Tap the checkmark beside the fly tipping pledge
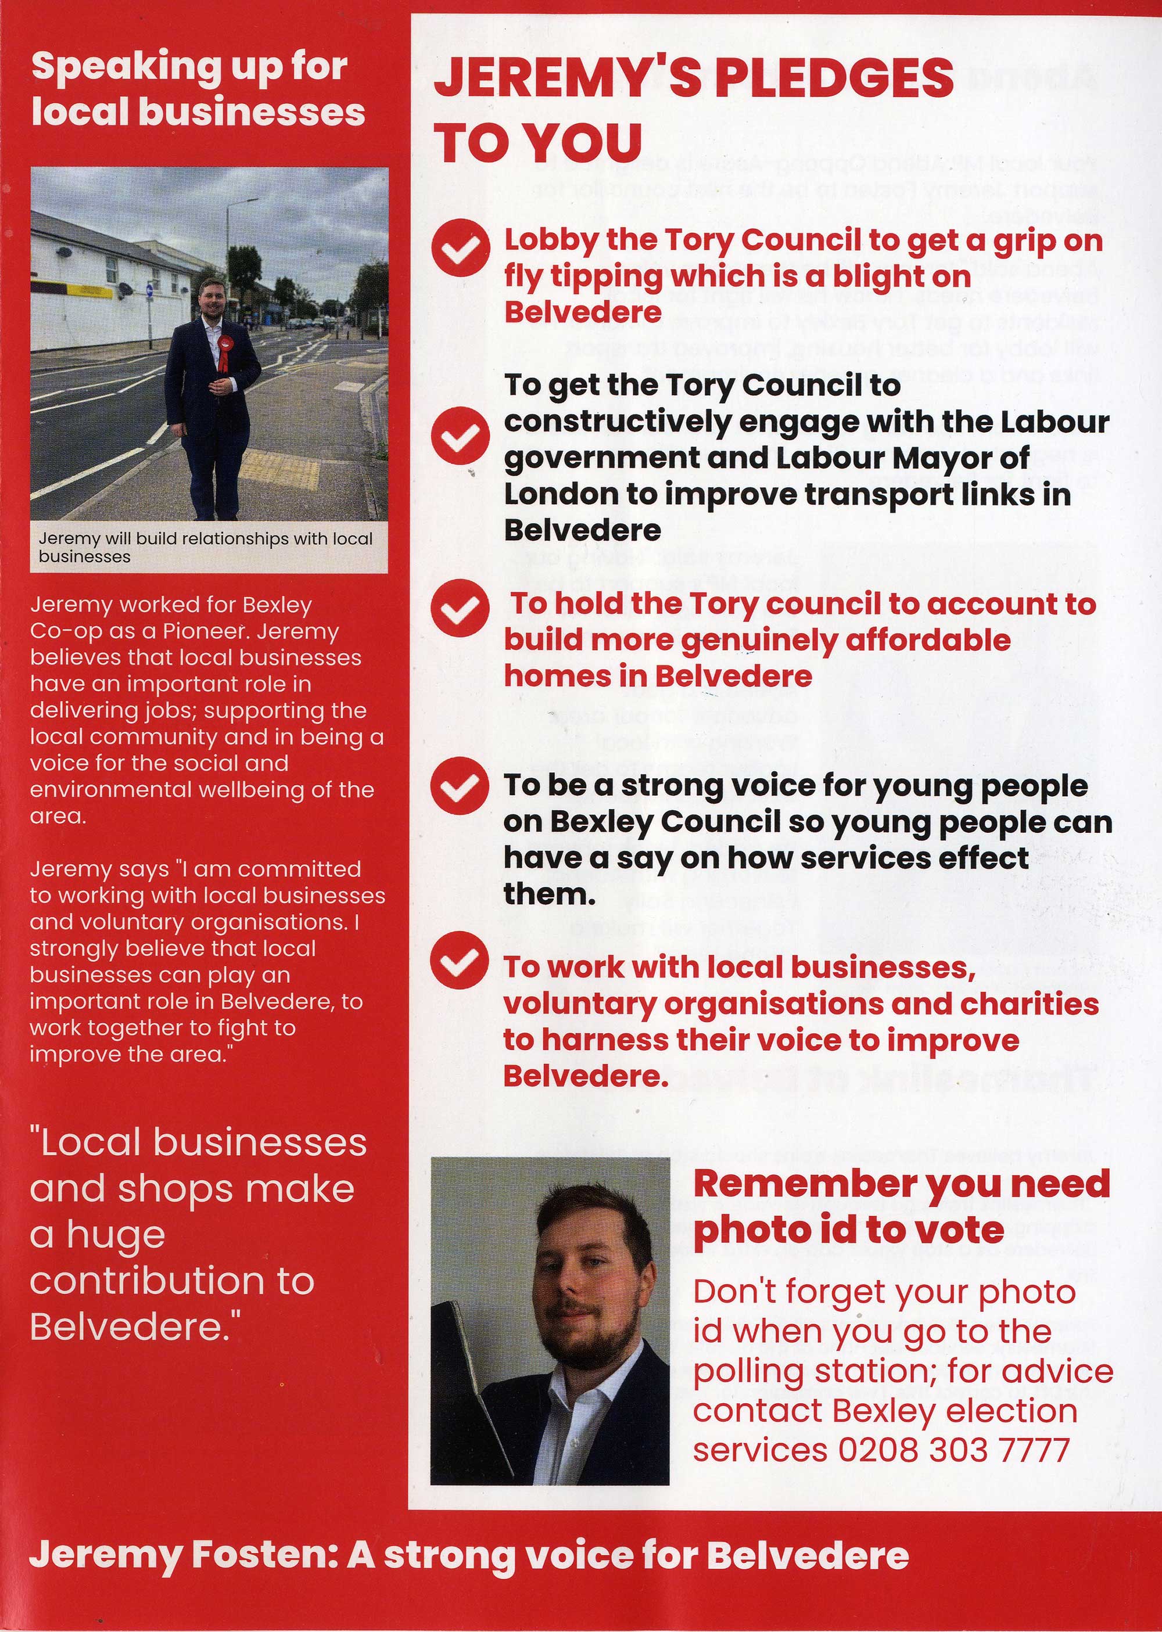tap(460, 247)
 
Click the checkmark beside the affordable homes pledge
tap(460, 608)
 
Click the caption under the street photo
tap(205, 547)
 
